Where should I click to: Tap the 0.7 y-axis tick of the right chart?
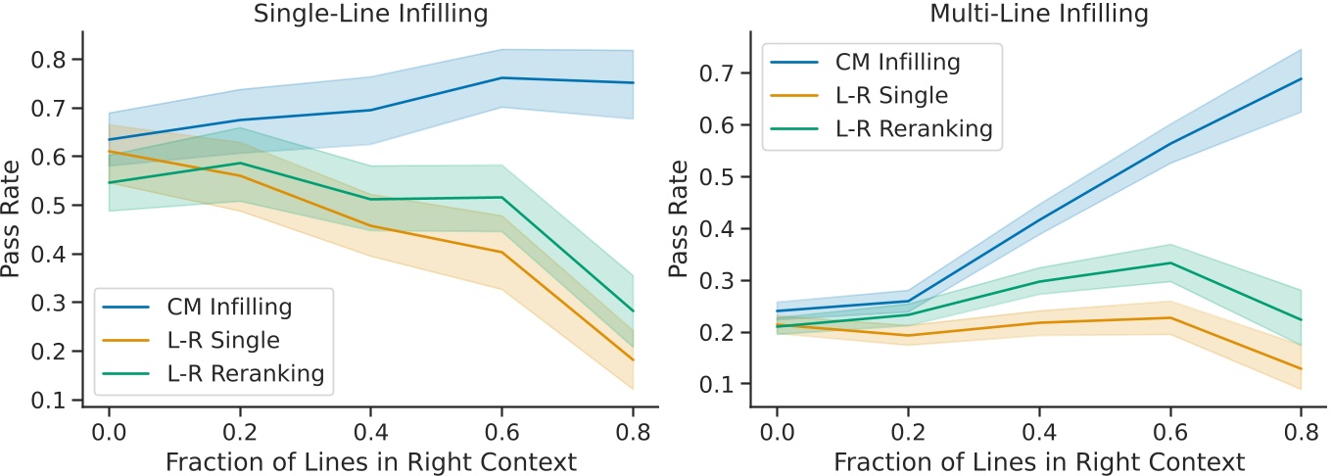(x=722, y=73)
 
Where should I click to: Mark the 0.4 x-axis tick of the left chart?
(x=370, y=432)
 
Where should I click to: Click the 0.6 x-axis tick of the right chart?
(x=1170, y=432)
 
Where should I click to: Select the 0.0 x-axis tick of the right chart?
(x=778, y=432)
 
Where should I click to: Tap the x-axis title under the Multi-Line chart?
(x=1038, y=460)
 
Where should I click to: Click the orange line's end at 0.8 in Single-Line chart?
(x=633, y=360)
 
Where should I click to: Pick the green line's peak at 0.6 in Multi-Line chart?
(x=1170, y=262)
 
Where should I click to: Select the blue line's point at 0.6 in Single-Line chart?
(x=501, y=77)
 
